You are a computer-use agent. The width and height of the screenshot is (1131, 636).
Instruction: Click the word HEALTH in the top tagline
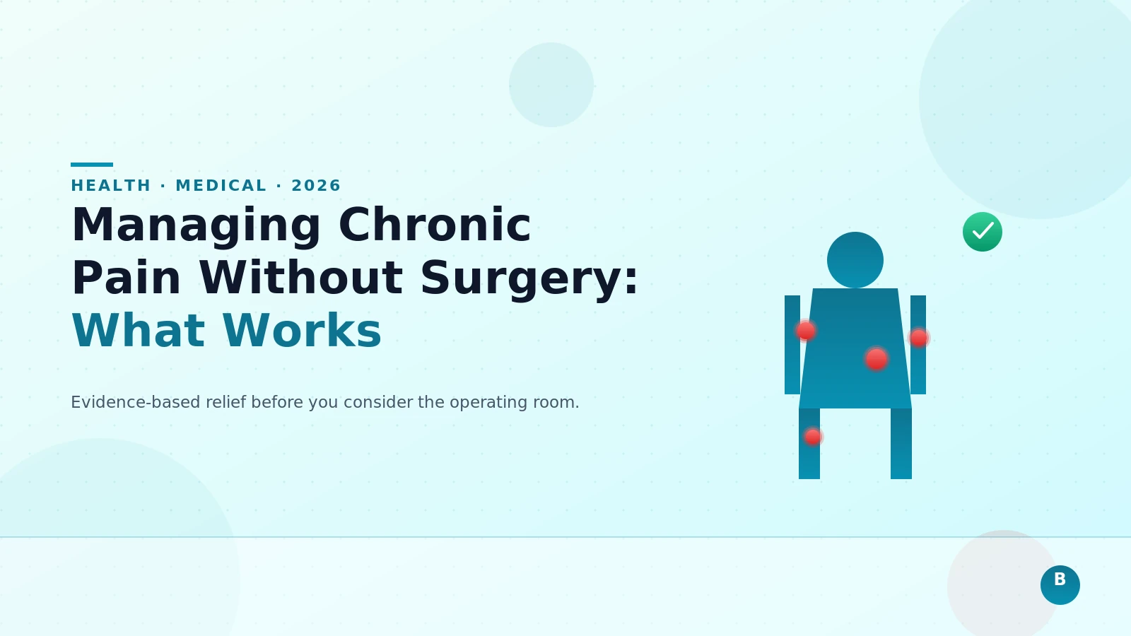[x=111, y=186]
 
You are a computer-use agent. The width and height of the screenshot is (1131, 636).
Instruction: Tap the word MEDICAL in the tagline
[x=221, y=186]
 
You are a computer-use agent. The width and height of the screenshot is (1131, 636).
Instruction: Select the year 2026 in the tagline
[x=316, y=186]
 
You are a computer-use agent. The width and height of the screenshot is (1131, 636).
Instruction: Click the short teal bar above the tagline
[x=92, y=165]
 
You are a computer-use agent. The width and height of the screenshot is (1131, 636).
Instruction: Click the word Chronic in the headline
[x=435, y=226]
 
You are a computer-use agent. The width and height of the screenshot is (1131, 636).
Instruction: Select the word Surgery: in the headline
[x=529, y=278]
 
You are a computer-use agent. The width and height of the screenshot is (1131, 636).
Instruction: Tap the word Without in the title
[x=301, y=278]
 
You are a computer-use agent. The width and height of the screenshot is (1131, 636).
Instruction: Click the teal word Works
[x=302, y=331]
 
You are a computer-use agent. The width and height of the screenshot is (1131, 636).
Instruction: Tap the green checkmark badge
[x=983, y=232]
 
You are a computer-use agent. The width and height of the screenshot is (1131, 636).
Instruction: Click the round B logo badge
[x=1060, y=585]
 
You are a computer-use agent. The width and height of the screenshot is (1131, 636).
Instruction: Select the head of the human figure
[x=855, y=260]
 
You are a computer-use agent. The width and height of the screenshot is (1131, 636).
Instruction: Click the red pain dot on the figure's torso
[x=877, y=359]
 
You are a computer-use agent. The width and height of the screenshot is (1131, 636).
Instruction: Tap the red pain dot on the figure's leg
[x=813, y=437]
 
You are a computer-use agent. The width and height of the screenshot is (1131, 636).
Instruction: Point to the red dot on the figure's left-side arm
[x=805, y=331]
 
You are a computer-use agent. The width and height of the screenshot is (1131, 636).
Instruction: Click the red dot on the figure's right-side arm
[x=919, y=338]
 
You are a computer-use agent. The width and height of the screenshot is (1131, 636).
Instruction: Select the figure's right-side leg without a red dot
[x=901, y=444]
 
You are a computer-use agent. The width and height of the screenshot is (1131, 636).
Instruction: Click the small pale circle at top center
[x=551, y=85]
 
